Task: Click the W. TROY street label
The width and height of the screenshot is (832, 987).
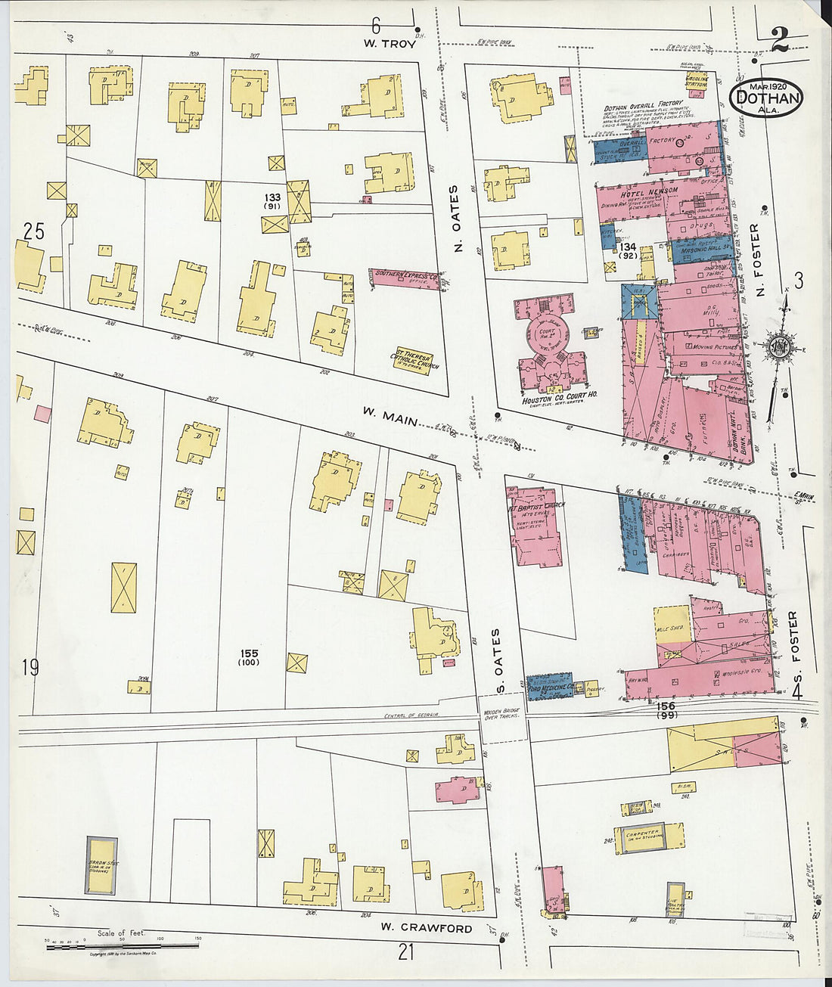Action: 389,44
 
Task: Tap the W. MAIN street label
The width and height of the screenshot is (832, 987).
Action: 389,415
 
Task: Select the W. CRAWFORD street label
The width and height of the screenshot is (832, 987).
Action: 426,928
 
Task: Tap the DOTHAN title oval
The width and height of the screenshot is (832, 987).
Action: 767,97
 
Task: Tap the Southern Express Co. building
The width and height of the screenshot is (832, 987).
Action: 406,277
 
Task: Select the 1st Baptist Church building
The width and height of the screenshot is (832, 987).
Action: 538,526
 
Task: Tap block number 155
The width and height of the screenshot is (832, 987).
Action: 250,653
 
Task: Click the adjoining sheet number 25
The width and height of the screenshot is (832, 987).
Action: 33,232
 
